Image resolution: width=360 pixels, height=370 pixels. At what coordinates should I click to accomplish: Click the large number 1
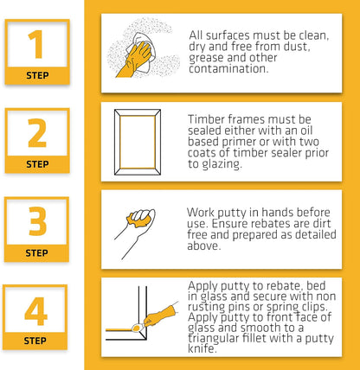[x=36, y=44]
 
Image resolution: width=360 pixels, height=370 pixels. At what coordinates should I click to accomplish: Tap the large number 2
[x=37, y=133]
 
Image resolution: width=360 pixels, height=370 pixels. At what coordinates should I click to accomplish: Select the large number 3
[x=37, y=221]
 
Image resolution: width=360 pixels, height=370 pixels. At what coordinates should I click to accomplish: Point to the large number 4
[x=36, y=311]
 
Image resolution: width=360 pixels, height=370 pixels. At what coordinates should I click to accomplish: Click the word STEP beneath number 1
[x=37, y=75]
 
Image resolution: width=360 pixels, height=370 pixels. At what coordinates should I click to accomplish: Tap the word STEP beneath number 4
[x=35, y=341]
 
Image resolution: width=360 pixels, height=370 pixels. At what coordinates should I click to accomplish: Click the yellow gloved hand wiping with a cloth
[x=135, y=59]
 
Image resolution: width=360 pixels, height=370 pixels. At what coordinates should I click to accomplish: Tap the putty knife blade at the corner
[x=136, y=328]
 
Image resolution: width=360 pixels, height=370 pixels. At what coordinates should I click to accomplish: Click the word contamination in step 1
[x=228, y=69]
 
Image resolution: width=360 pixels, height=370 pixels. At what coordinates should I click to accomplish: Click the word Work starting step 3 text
[x=201, y=213]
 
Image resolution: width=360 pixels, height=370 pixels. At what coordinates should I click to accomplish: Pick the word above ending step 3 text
[x=204, y=246]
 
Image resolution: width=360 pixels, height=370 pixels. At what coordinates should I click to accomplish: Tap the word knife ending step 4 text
[x=202, y=348]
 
